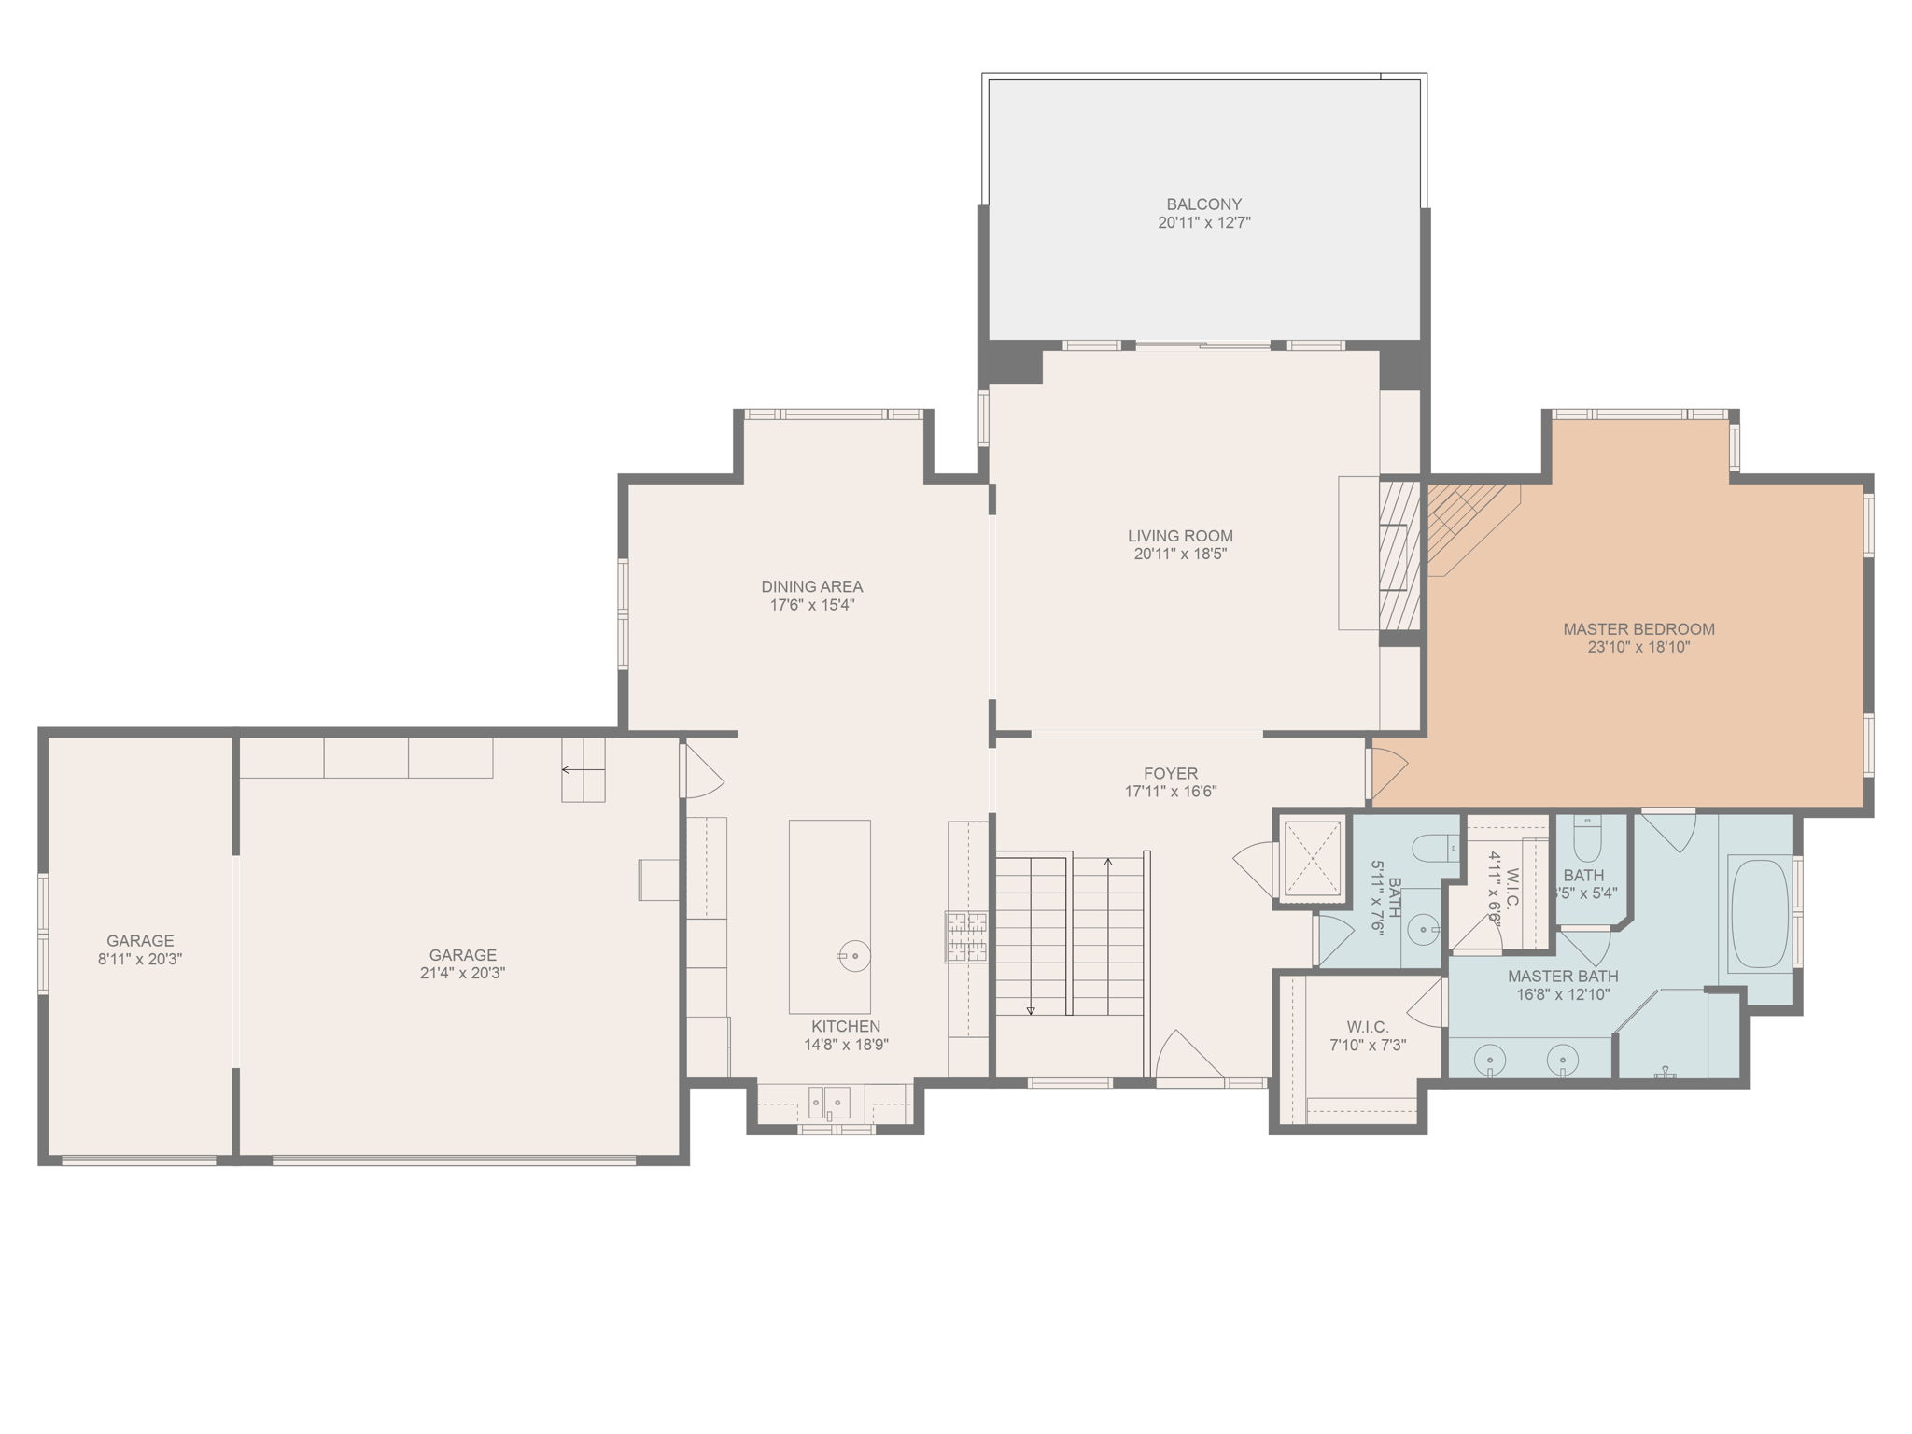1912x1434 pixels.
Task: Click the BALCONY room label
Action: pyautogui.click(x=1203, y=204)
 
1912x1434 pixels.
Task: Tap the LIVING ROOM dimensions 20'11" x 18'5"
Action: pyautogui.click(x=1180, y=554)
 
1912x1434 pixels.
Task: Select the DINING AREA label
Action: pyautogui.click(x=811, y=586)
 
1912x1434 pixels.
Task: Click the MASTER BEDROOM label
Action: pyautogui.click(x=1638, y=628)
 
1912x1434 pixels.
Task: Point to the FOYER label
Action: pyautogui.click(x=1170, y=773)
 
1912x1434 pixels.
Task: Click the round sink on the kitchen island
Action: pyautogui.click(x=853, y=956)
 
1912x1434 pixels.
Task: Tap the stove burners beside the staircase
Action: pyautogui.click(x=965, y=936)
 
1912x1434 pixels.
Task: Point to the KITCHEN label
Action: pyautogui.click(x=845, y=1026)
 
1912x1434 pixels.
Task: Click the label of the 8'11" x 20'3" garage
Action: pyautogui.click(x=140, y=940)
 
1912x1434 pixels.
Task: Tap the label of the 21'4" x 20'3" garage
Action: pyautogui.click(x=462, y=954)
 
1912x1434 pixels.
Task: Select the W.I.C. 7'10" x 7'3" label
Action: pyautogui.click(x=1368, y=1027)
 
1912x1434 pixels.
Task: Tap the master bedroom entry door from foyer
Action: pyautogui.click(x=1388, y=771)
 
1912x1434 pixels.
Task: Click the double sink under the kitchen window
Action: pyautogui.click(x=829, y=1102)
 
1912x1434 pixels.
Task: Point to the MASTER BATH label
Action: pyautogui.click(x=1563, y=976)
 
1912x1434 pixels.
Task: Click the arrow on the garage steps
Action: pyautogui.click(x=582, y=770)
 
